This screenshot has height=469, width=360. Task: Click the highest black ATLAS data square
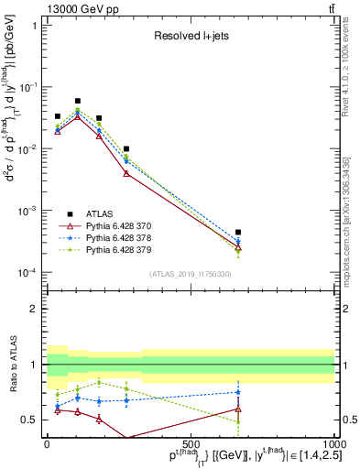coord(78,101)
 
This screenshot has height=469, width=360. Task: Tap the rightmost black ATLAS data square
coord(238,233)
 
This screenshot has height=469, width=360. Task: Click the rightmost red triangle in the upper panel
coord(238,248)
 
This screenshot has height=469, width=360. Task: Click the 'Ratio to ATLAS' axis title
coord(12,365)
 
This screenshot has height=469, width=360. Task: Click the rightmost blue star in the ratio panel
coord(238,392)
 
